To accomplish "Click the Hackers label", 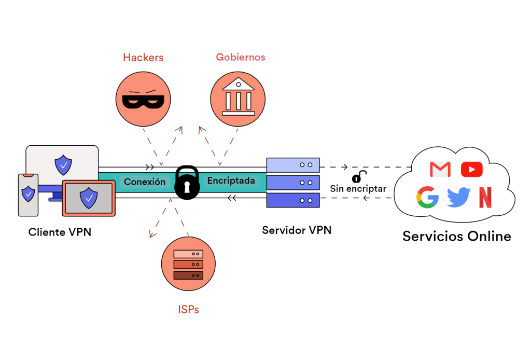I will tap(143, 58).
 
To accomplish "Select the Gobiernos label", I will tap(240, 57).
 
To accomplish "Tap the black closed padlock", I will tap(187, 183).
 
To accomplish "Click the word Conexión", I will tap(145, 182).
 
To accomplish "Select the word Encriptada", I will tap(231, 181).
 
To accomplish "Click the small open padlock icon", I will tap(359, 176).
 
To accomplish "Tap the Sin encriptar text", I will tap(358, 189).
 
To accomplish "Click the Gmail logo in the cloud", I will tap(440, 169).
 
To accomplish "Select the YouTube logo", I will tap(471, 169).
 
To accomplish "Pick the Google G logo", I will tap(427, 198).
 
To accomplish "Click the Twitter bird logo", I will tap(458, 198).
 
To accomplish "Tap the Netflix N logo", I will tap(485, 198).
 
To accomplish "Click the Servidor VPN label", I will tap(296, 230).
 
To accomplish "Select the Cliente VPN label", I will tap(60, 232).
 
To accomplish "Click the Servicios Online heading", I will tap(456, 237).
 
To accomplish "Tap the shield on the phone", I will tap(28, 194).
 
